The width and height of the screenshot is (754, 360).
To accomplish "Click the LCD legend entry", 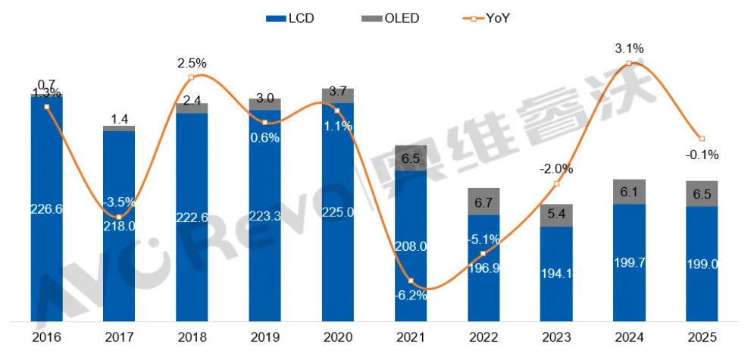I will (x=292, y=17).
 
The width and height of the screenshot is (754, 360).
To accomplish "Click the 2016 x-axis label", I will (x=46, y=337).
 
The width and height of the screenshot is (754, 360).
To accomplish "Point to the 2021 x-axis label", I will (x=410, y=337).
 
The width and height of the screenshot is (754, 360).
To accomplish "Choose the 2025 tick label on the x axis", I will (x=702, y=337).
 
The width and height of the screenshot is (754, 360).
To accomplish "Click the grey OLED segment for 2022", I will (x=483, y=201).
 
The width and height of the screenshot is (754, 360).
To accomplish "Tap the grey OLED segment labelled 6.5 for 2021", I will (x=410, y=158).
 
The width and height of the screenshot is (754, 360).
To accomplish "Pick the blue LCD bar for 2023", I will (x=556, y=273).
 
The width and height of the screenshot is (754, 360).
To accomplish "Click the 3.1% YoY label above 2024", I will (x=630, y=49).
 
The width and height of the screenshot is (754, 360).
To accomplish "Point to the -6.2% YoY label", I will (x=410, y=296).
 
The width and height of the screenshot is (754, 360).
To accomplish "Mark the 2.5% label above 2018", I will (x=192, y=62).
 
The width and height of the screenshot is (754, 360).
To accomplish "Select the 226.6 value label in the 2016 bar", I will (x=46, y=210).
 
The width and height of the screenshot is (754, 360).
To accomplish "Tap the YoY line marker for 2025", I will (x=702, y=139).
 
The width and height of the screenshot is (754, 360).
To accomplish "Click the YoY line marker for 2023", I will (x=557, y=184).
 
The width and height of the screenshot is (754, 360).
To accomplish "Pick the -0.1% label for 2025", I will (x=702, y=155).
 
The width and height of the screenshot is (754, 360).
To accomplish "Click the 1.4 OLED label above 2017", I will (x=119, y=118).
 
